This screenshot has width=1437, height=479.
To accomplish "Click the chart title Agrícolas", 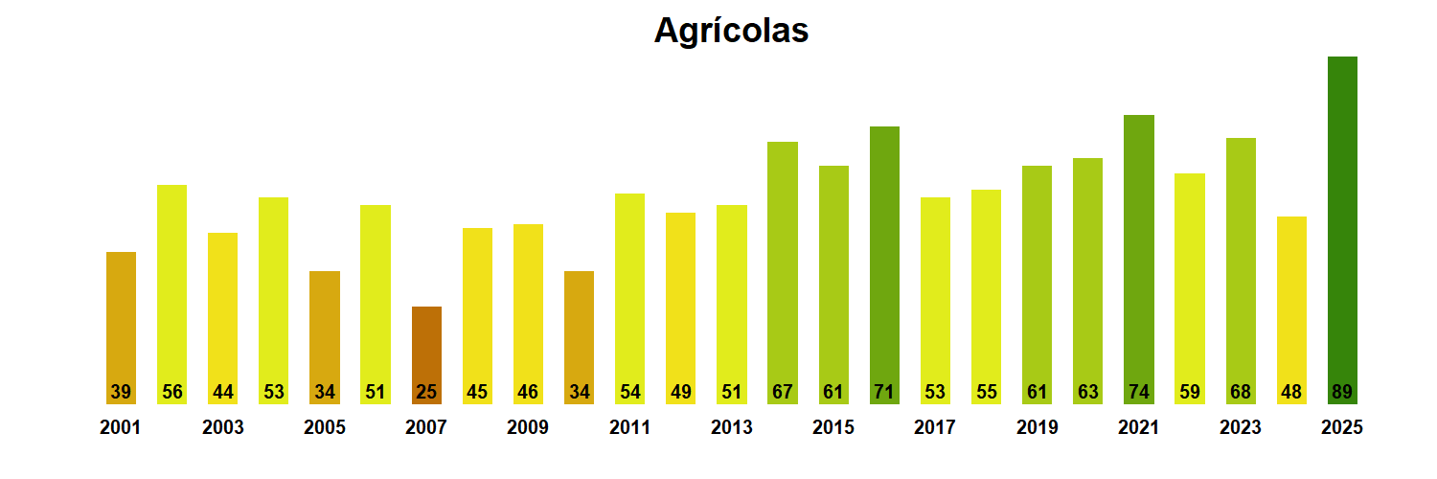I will coord(731,31).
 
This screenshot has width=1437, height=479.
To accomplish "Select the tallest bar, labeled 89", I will coord(1342,230).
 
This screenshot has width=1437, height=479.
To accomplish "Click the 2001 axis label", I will coord(120,428).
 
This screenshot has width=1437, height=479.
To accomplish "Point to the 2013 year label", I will coord(731,428).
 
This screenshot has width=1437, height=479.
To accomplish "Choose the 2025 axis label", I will coord(1341,428).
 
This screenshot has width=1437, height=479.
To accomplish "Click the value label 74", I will coord(1138,392).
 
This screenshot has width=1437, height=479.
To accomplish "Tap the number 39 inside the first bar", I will coord(121,392).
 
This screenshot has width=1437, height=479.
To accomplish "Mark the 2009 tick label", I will coord(528,428).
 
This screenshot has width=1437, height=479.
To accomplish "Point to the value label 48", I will coord(1291,392).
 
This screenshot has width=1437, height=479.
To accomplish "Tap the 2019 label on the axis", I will coord(1037,428).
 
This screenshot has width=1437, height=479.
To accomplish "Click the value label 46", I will coord(528,392).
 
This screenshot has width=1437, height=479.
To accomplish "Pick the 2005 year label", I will coord(324,428).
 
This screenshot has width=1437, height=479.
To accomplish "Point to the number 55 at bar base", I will coord(986,392).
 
